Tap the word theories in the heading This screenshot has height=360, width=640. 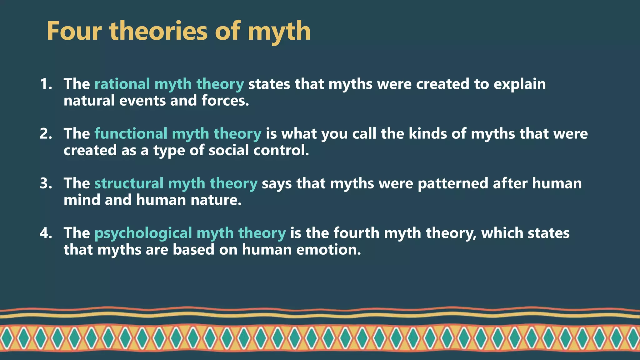tap(158, 31)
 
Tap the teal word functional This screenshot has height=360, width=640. tap(131, 134)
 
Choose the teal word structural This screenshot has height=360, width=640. tap(129, 183)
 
